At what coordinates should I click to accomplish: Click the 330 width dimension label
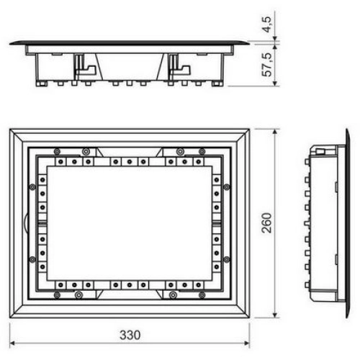pos(130,335)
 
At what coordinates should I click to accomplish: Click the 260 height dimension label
pos(266,222)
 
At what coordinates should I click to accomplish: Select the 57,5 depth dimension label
pos(267,65)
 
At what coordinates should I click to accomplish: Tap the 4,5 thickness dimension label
pos(267,24)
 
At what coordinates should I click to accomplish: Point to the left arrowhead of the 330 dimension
pos(12,343)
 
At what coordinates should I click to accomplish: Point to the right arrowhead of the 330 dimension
pos(247,343)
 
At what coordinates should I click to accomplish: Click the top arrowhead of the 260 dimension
pos(276,132)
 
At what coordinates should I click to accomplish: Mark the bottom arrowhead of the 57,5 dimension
pos(276,83)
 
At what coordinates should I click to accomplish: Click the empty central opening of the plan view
pos(130,223)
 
